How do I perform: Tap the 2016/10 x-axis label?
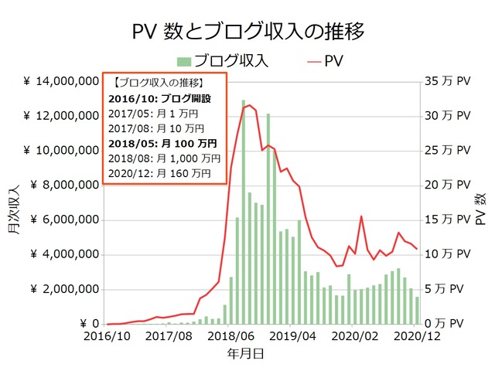tap(107, 337)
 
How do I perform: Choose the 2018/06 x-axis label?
tap(232, 337)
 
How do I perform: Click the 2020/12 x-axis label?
tap(418, 337)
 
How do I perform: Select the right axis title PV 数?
tap(480, 203)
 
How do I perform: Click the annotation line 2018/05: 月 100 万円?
tap(164, 143)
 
